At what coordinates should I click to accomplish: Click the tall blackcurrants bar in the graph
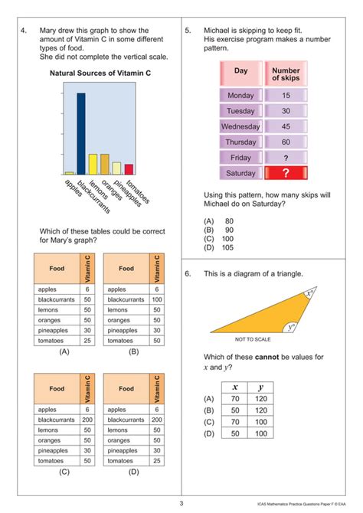click(x=80, y=134)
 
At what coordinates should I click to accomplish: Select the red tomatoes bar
click(x=129, y=169)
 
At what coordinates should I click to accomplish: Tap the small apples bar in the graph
click(x=69, y=173)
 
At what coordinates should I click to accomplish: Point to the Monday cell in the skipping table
click(x=240, y=96)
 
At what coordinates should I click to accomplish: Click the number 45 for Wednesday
click(x=286, y=126)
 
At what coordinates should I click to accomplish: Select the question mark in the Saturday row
click(x=286, y=173)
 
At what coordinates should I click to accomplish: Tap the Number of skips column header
click(x=286, y=74)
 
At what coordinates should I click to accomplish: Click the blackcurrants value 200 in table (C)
click(x=87, y=420)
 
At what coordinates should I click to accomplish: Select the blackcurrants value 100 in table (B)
click(x=156, y=299)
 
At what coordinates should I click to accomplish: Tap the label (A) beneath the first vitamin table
click(x=64, y=352)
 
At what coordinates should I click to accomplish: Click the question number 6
click(x=188, y=273)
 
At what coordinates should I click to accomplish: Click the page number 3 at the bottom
click(x=181, y=503)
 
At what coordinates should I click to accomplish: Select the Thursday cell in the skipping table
click(x=240, y=142)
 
